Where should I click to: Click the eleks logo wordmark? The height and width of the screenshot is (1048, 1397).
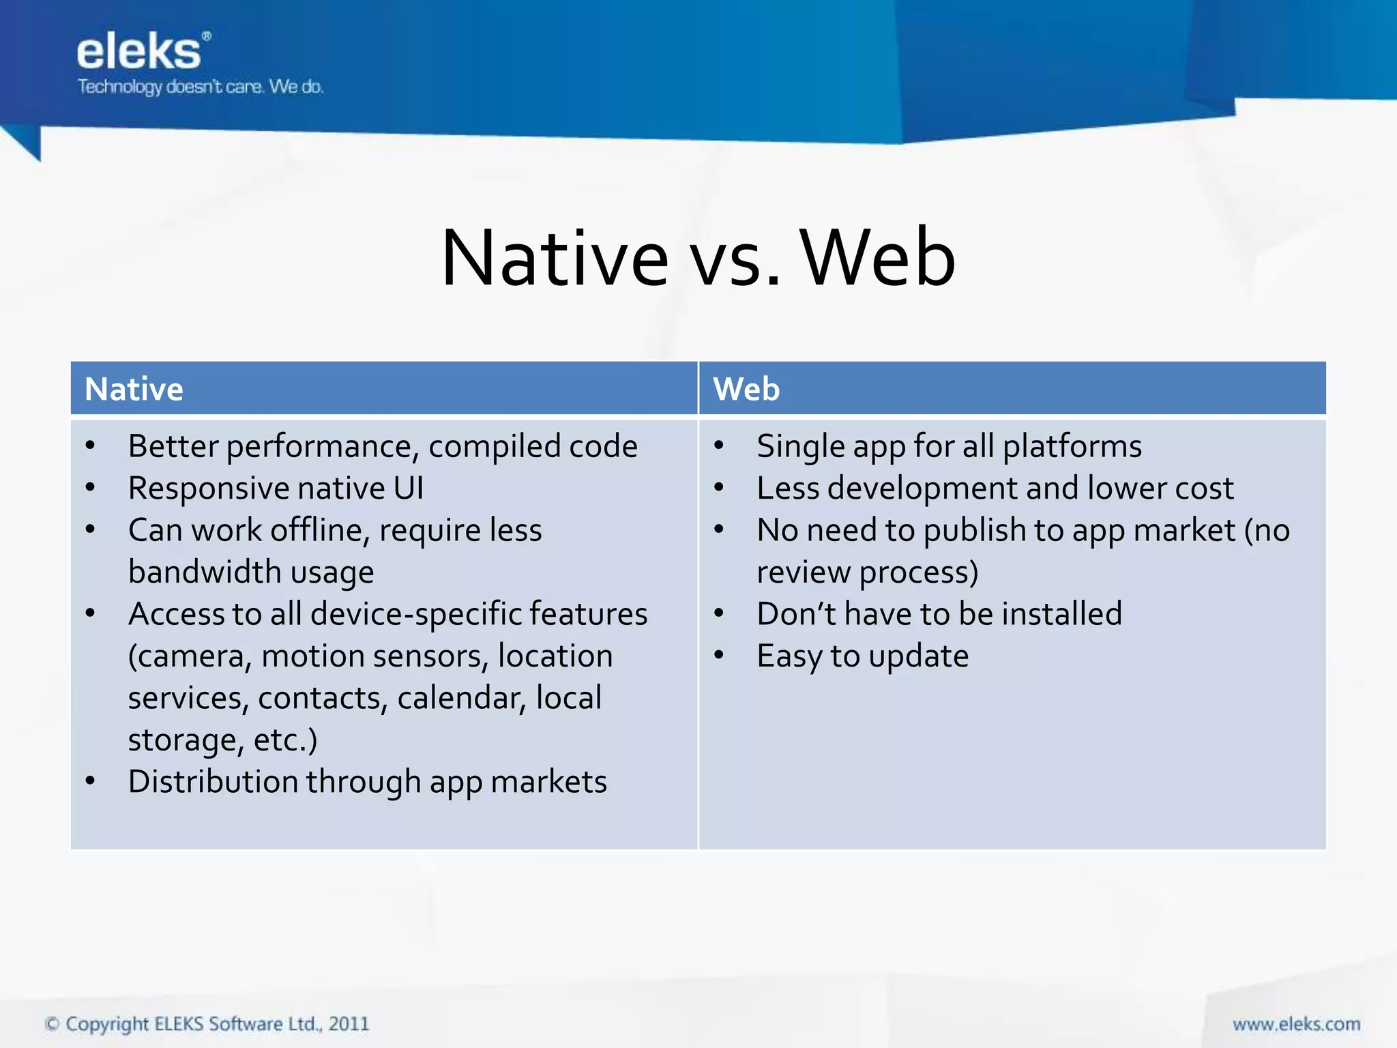click(x=139, y=52)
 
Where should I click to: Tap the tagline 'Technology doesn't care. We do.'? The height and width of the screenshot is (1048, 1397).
click(x=200, y=87)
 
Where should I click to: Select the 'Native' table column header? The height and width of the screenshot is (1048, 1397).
click(x=134, y=389)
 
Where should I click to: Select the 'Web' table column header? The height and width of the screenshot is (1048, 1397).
click(x=746, y=389)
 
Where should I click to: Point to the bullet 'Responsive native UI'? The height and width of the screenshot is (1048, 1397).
click(x=276, y=489)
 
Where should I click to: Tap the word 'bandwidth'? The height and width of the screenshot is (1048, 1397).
click(x=204, y=572)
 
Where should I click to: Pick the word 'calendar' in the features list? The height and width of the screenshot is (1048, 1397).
click(x=461, y=698)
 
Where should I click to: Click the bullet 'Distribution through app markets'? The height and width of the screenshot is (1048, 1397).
click(x=367, y=782)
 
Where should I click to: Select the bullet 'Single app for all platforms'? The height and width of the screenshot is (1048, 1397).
click(x=948, y=447)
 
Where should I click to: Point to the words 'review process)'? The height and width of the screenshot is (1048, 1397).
click(x=867, y=572)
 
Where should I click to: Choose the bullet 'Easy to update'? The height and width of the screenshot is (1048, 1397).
click(x=862, y=656)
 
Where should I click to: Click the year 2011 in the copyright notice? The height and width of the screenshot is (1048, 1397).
click(x=348, y=1024)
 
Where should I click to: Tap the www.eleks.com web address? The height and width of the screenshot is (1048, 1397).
click(x=1296, y=1024)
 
